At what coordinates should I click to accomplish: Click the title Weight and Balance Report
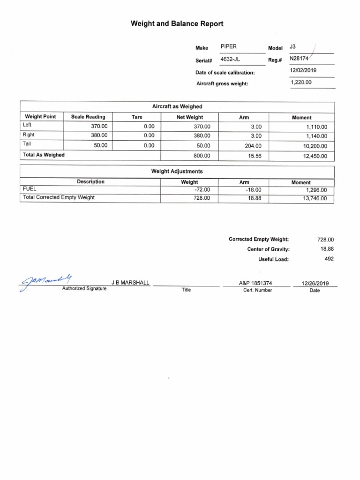point(177,23)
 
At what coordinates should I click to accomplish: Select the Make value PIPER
point(228,47)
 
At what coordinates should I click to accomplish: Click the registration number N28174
point(300,59)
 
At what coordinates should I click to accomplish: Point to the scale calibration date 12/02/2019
point(303,71)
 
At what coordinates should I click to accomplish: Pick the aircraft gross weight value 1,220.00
point(301,82)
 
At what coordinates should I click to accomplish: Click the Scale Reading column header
point(88,117)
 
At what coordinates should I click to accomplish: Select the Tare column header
point(137,117)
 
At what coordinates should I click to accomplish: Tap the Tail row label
point(26,144)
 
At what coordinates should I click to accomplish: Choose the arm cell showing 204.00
point(253,146)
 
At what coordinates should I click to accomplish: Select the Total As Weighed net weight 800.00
point(202,156)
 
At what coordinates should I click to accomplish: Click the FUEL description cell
point(30,190)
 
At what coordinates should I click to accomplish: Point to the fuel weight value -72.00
point(202,190)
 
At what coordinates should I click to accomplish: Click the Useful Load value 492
point(329,259)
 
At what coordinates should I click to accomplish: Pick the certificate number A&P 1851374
point(255,283)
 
